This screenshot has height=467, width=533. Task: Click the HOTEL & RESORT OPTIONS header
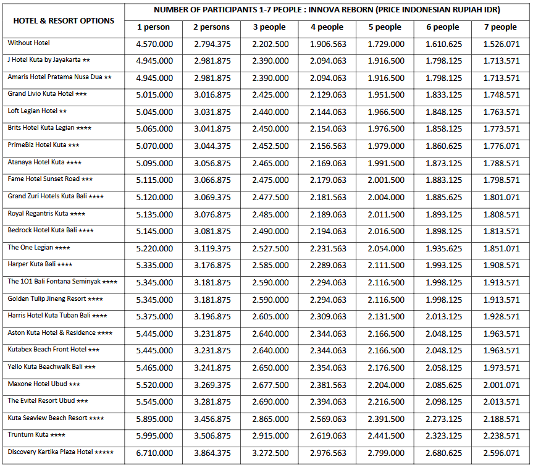click(x=64, y=20)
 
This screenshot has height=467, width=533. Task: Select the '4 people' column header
click(x=327, y=27)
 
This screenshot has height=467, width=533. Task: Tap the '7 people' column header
click(x=500, y=27)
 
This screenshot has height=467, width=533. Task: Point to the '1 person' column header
click(x=154, y=27)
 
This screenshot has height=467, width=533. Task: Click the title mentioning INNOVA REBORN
click(x=327, y=10)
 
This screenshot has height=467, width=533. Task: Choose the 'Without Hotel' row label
click(x=29, y=43)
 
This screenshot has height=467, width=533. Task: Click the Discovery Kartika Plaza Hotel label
click(x=61, y=452)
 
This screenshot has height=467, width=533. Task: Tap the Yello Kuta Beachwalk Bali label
click(x=51, y=367)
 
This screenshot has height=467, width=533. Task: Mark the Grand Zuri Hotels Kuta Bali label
click(x=56, y=196)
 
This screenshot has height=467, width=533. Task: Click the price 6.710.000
click(x=154, y=453)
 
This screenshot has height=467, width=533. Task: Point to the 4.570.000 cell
click(x=154, y=44)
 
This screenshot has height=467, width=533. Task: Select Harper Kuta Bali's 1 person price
click(x=154, y=265)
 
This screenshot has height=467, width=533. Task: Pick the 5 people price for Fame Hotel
click(x=386, y=180)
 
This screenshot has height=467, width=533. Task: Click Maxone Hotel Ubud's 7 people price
click(x=500, y=384)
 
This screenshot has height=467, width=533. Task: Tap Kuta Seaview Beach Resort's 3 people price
click(x=270, y=418)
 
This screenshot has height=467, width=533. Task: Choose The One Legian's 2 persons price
click(x=212, y=248)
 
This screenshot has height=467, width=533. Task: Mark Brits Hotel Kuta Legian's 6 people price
click(x=443, y=129)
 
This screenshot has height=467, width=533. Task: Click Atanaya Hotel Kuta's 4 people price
click(x=328, y=163)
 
